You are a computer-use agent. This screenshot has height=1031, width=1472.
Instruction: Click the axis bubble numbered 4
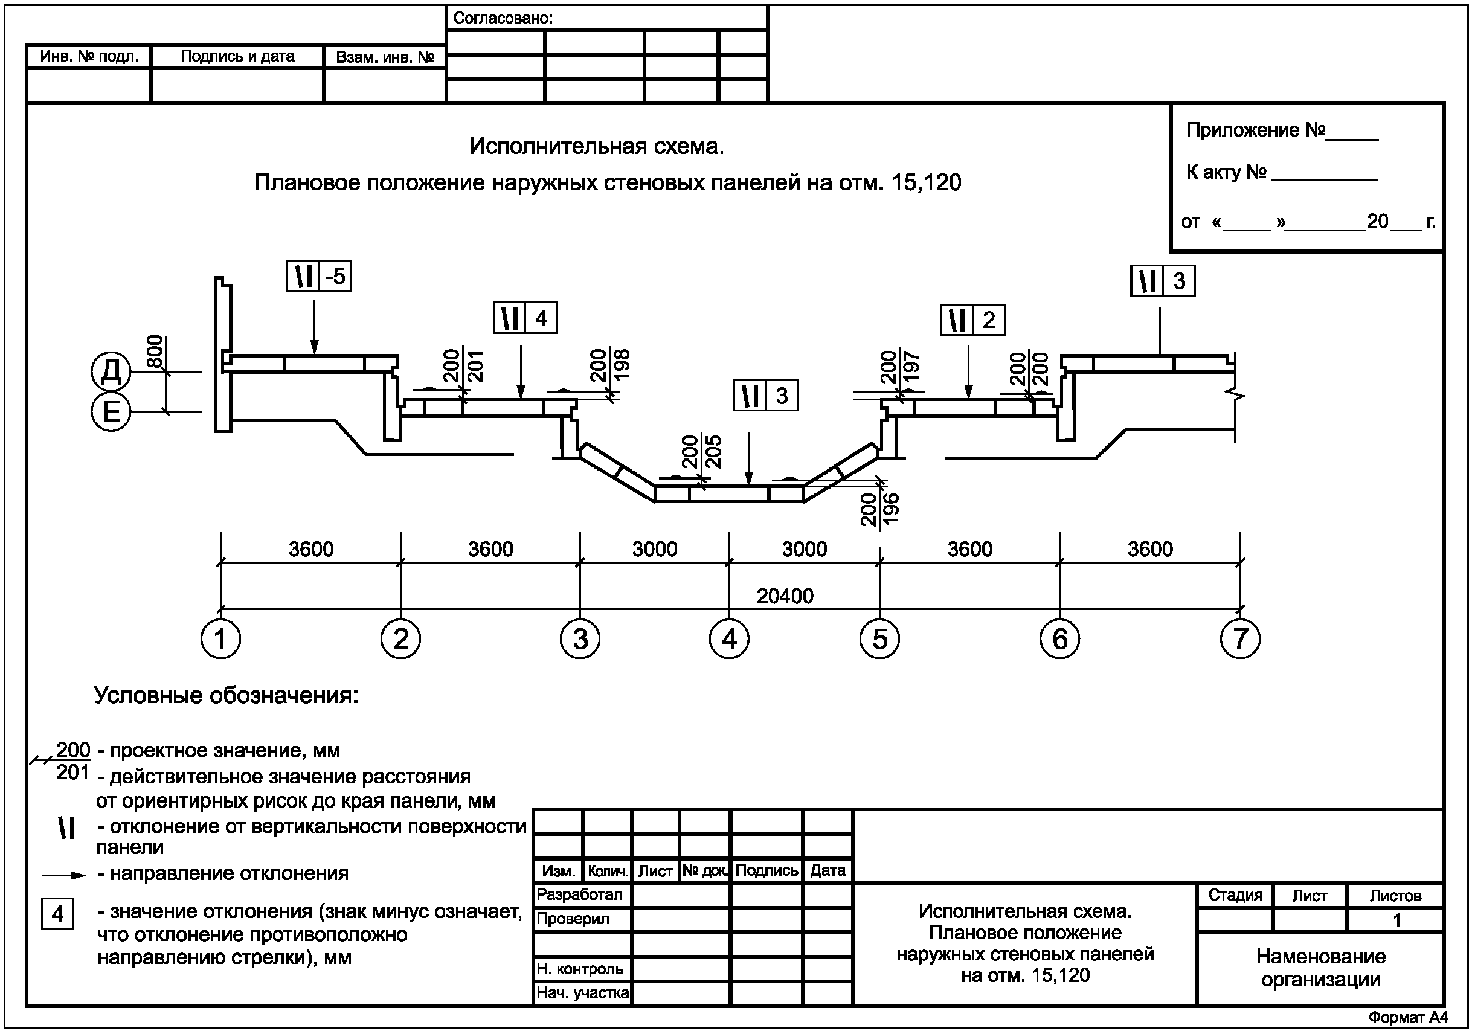click(x=729, y=639)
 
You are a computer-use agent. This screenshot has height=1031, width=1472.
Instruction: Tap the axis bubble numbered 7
click(x=1240, y=639)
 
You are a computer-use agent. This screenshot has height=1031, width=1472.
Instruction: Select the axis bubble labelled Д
click(x=111, y=371)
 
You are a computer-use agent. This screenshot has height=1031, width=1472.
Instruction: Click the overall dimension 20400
click(x=785, y=596)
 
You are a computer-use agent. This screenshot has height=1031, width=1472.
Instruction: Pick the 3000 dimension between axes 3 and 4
click(x=655, y=550)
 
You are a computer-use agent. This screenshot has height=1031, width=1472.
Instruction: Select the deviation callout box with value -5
click(x=320, y=277)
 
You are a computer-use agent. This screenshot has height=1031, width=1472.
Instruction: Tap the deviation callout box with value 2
click(x=972, y=320)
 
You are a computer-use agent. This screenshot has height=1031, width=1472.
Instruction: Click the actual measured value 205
click(x=712, y=451)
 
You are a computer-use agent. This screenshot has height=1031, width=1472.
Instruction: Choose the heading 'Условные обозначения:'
click(x=227, y=696)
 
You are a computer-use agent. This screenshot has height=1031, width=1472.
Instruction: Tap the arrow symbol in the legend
click(x=63, y=875)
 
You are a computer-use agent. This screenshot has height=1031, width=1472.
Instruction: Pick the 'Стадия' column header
click(x=1235, y=895)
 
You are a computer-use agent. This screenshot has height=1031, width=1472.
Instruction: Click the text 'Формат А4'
click(x=1408, y=1018)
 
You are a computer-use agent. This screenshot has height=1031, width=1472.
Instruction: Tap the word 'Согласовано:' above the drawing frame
click(x=503, y=18)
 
